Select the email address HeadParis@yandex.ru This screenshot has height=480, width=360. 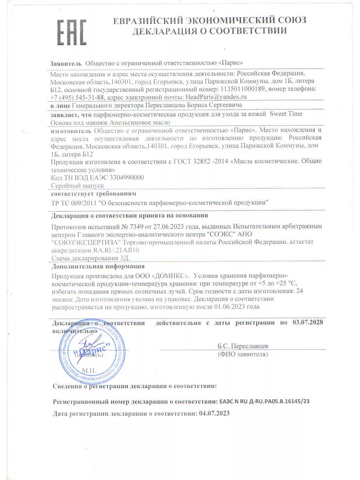pyautogui.click(x=215, y=96)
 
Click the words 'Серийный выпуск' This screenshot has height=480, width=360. pyautogui.click(x=78, y=186)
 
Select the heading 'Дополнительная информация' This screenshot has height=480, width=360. pyautogui.click(x=98, y=266)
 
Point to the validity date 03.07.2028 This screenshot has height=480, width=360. pyautogui.click(x=308, y=322)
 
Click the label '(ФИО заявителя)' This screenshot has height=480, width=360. pyautogui.click(x=243, y=354)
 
